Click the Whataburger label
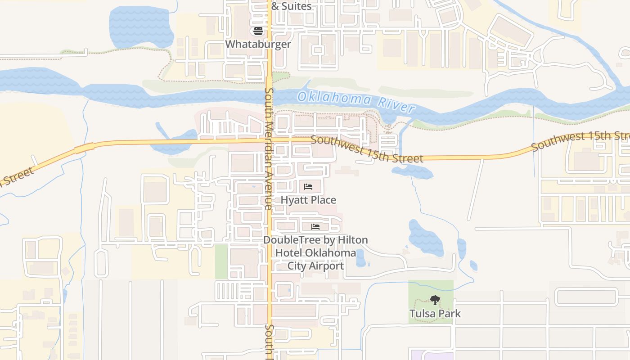[258, 44]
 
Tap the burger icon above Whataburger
[258, 31]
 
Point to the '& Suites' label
[291, 6]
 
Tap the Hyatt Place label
[308, 200]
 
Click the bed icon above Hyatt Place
[308, 186]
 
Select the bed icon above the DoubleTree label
[315, 226]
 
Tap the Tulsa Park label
[435, 313]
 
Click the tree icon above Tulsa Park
[435, 300]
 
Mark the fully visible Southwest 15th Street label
[367, 149]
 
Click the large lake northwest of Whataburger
[141, 27]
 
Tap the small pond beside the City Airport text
[360, 258]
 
